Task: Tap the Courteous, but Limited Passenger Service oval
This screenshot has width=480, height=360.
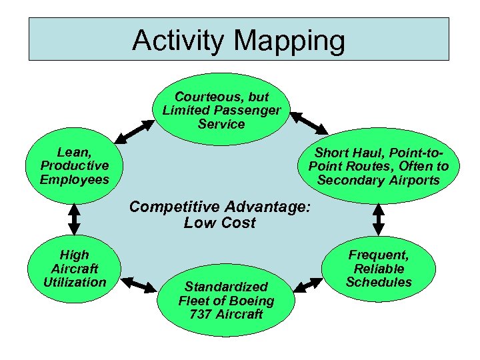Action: point(222,109)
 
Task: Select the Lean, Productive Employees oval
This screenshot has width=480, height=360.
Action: point(74,165)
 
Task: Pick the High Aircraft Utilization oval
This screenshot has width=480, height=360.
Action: point(74,269)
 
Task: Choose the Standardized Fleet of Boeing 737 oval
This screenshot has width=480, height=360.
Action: point(226,300)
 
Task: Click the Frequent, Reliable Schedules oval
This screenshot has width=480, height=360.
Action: point(379,269)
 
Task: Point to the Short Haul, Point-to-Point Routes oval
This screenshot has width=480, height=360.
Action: point(379,166)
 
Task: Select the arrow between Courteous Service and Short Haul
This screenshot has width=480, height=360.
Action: point(307,122)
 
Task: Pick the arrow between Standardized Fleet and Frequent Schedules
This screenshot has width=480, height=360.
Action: point(309,285)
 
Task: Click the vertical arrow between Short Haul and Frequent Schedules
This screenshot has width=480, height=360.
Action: point(379,215)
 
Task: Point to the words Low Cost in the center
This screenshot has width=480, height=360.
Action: point(220,223)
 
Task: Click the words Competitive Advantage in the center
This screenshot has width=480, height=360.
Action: point(220,207)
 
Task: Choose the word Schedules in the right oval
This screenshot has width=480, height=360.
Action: point(379,282)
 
